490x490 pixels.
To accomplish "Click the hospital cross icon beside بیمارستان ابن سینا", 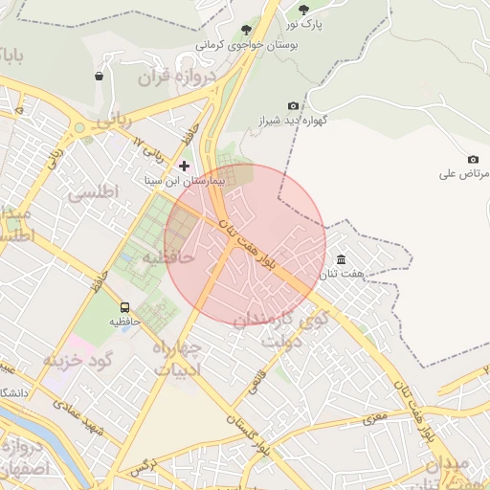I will [184, 166].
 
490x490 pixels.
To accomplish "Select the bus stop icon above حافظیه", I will [123, 308].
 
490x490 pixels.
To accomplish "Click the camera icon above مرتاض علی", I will [472, 159].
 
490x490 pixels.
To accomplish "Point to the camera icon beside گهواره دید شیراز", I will [293, 106].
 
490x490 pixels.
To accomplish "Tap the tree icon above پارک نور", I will [303, 10].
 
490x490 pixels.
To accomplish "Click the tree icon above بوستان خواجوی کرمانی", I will [247, 31].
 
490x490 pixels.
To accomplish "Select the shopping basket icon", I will [100, 76].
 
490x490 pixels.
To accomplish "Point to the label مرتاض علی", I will [465, 173].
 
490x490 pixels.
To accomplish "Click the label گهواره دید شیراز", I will [293, 122].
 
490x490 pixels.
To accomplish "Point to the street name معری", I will [373, 418].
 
